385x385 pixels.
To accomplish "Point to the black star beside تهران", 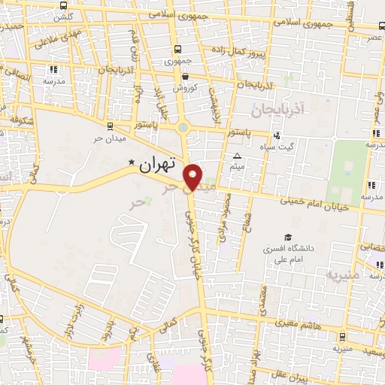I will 132,162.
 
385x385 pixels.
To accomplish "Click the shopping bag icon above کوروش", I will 185,75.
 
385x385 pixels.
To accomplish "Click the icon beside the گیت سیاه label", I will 277,135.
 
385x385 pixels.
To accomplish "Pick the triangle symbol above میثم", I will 236,156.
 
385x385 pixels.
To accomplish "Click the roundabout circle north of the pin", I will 183,127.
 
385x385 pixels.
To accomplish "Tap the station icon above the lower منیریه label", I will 343,336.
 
